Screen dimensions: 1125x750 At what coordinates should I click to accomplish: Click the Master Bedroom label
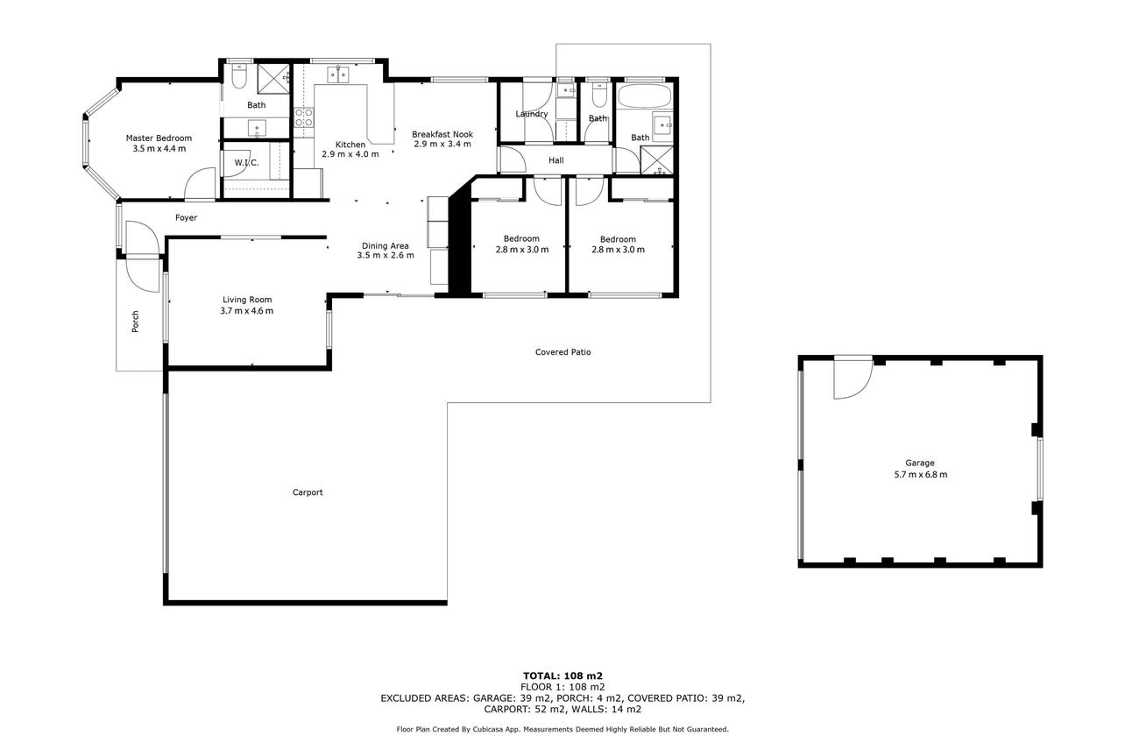(x=159, y=138)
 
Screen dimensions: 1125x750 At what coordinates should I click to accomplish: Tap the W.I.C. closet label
(x=246, y=163)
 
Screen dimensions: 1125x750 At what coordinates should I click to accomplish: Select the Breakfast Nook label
(x=442, y=134)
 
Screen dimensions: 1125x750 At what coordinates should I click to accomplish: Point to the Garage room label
(x=920, y=463)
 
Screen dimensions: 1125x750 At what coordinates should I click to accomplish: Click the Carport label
(x=308, y=492)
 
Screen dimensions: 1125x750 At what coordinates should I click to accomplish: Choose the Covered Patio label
(x=563, y=352)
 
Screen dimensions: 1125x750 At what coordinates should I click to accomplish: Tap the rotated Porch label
(x=135, y=322)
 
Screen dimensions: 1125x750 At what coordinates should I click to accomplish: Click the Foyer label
(x=186, y=217)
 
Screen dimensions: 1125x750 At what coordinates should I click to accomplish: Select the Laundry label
(x=532, y=114)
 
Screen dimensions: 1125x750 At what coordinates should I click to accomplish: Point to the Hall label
(x=556, y=160)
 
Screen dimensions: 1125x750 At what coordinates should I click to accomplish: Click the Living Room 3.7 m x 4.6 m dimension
(x=246, y=311)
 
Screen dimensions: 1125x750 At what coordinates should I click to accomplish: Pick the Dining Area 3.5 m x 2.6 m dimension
(x=386, y=255)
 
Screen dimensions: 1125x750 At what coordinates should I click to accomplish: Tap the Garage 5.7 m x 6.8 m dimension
(x=921, y=475)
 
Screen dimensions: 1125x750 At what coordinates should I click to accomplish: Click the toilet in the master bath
(x=239, y=77)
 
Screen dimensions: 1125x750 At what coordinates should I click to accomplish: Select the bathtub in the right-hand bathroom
(x=643, y=96)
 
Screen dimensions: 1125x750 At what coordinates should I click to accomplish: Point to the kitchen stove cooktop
(x=304, y=117)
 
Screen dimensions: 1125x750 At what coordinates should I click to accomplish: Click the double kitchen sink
(x=338, y=74)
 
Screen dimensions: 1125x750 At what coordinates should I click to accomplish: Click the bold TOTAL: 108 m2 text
(x=562, y=676)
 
